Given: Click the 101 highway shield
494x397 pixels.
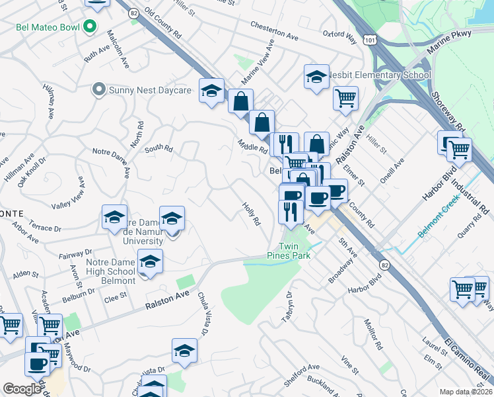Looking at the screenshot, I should pos(370,40).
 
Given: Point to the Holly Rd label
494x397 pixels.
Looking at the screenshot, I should pos(252,214).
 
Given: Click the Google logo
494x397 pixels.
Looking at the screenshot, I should pos(21,389).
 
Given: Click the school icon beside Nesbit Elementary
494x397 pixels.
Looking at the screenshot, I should pos(317,77).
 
